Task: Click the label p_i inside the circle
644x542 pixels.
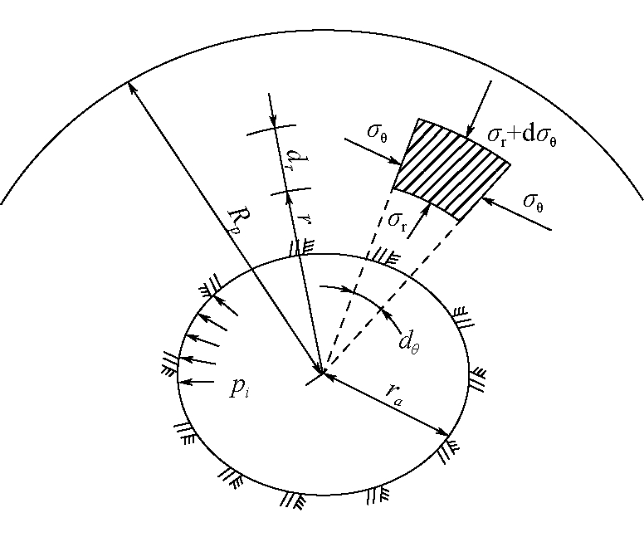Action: click(x=239, y=388)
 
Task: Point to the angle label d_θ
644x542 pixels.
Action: click(x=409, y=342)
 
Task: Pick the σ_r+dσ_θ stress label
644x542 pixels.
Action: click(x=522, y=135)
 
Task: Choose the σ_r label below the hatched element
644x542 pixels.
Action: click(x=398, y=221)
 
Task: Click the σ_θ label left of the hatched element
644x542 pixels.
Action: click(x=377, y=131)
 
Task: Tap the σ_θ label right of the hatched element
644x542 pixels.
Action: click(x=533, y=202)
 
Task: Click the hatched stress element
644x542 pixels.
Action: click(x=451, y=169)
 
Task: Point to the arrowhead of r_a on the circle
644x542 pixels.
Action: click(x=445, y=433)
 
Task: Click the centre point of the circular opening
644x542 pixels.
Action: click(x=324, y=374)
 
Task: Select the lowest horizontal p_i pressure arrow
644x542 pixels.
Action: click(x=198, y=382)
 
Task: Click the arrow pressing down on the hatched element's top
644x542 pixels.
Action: click(x=479, y=109)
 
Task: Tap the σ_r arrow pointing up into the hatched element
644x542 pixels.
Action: click(x=418, y=221)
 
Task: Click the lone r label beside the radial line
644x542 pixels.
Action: click(x=305, y=219)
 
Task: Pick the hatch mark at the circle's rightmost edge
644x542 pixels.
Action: click(x=477, y=379)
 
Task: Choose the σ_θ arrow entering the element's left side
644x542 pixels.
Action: click(x=373, y=152)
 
